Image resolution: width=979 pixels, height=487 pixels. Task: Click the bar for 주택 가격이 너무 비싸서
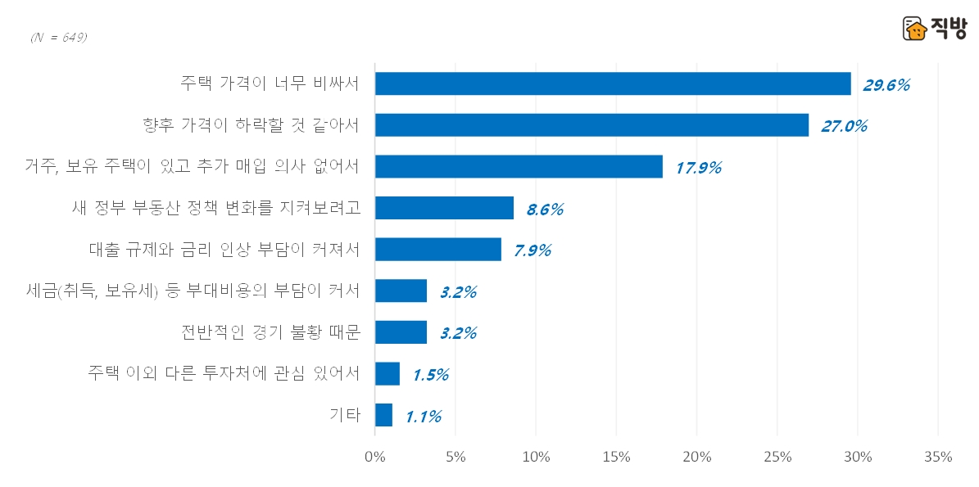coord(613,83)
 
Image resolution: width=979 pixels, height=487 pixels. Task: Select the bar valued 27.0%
coord(591,125)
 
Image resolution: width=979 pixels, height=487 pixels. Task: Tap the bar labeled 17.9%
coord(519,166)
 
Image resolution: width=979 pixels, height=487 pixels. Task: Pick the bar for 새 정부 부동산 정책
coord(444,208)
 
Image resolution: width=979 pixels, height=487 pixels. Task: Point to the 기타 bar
coord(383,415)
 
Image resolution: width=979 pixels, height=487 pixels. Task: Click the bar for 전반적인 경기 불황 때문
coord(401,332)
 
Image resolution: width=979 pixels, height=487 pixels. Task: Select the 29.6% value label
coord(886,84)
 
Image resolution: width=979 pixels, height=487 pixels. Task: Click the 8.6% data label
coord(545,209)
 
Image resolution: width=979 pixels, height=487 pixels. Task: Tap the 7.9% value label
coord(533,250)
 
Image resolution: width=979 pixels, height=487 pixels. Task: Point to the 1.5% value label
coord(430,375)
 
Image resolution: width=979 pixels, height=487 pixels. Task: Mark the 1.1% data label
coord(424,417)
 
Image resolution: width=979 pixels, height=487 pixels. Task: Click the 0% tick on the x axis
coord(374,457)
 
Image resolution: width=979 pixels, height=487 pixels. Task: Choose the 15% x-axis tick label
coord(616,457)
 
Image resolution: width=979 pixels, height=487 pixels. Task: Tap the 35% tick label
coord(937,457)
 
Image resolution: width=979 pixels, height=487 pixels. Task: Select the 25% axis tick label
coord(777,457)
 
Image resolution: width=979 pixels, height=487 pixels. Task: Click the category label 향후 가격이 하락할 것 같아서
coord(252,125)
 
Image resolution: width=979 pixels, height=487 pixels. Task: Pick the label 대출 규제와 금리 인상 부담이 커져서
coord(224,250)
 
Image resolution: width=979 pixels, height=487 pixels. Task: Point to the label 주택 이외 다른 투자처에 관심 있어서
coord(224,373)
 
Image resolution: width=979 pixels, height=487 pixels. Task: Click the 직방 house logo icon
coord(914,29)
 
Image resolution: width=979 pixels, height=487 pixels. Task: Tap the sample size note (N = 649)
coord(58,38)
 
